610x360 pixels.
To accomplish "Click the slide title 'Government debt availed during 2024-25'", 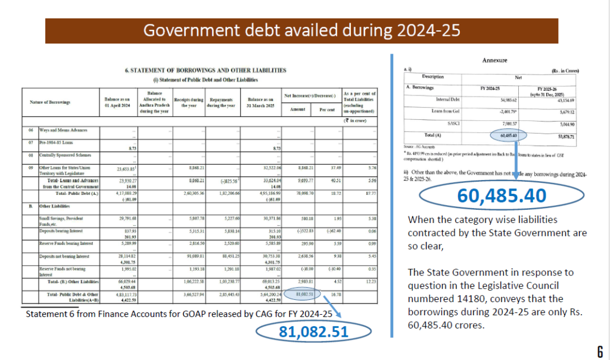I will click(301, 30).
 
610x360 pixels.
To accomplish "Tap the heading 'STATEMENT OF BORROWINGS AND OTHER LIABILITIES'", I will click(205, 70).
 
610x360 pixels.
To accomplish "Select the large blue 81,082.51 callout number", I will click(313, 332).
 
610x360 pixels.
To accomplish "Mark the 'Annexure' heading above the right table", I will click(493, 60).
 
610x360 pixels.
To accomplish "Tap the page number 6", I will click(599, 351).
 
